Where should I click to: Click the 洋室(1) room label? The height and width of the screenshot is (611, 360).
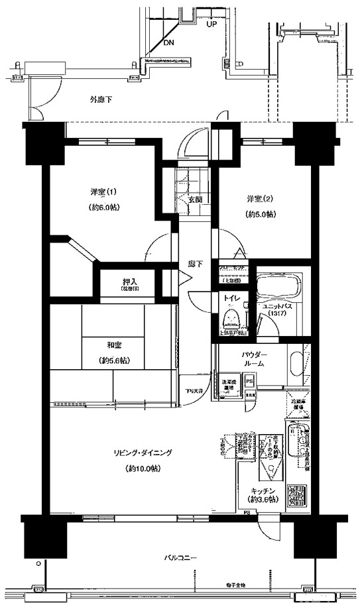(103, 192)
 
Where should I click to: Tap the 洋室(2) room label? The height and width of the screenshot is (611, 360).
(260, 198)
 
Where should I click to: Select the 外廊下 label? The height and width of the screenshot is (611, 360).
(101, 99)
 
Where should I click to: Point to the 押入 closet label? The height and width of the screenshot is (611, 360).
(130, 281)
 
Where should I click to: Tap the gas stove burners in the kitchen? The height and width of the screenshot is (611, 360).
(296, 496)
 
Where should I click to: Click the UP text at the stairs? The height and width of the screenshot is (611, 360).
(211, 24)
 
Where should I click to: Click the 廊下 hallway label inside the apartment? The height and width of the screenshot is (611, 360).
(195, 264)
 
